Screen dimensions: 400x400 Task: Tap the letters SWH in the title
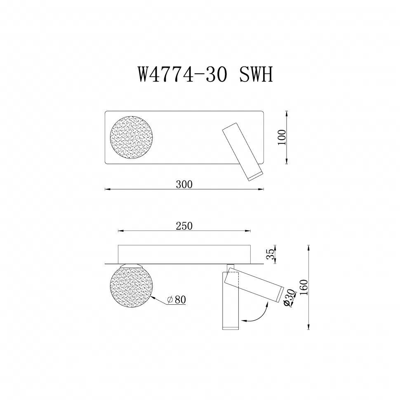point(256,75)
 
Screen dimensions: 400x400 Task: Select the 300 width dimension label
point(184,184)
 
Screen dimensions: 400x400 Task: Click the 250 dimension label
point(184,226)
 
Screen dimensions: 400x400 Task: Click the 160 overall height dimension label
point(304,287)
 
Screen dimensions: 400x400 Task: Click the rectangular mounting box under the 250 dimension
point(184,253)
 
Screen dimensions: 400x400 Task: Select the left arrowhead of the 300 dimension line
point(106,189)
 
